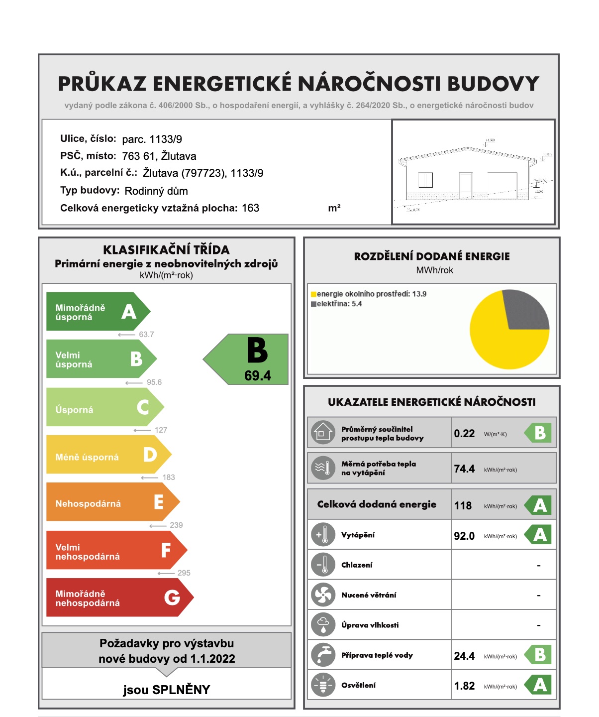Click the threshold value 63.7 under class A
(x=146, y=335)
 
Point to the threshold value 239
(x=176, y=525)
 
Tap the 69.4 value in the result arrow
(x=258, y=376)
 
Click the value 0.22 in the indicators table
(x=464, y=434)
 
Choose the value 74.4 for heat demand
(x=464, y=469)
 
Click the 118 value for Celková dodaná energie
(x=463, y=506)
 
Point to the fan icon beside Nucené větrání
(x=323, y=595)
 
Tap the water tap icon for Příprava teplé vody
(x=323, y=655)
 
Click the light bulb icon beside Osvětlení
(x=323, y=685)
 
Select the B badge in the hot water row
(x=540, y=655)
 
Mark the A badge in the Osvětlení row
(x=540, y=686)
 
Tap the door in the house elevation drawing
(x=466, y=186)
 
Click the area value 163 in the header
(x=251, y=208)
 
